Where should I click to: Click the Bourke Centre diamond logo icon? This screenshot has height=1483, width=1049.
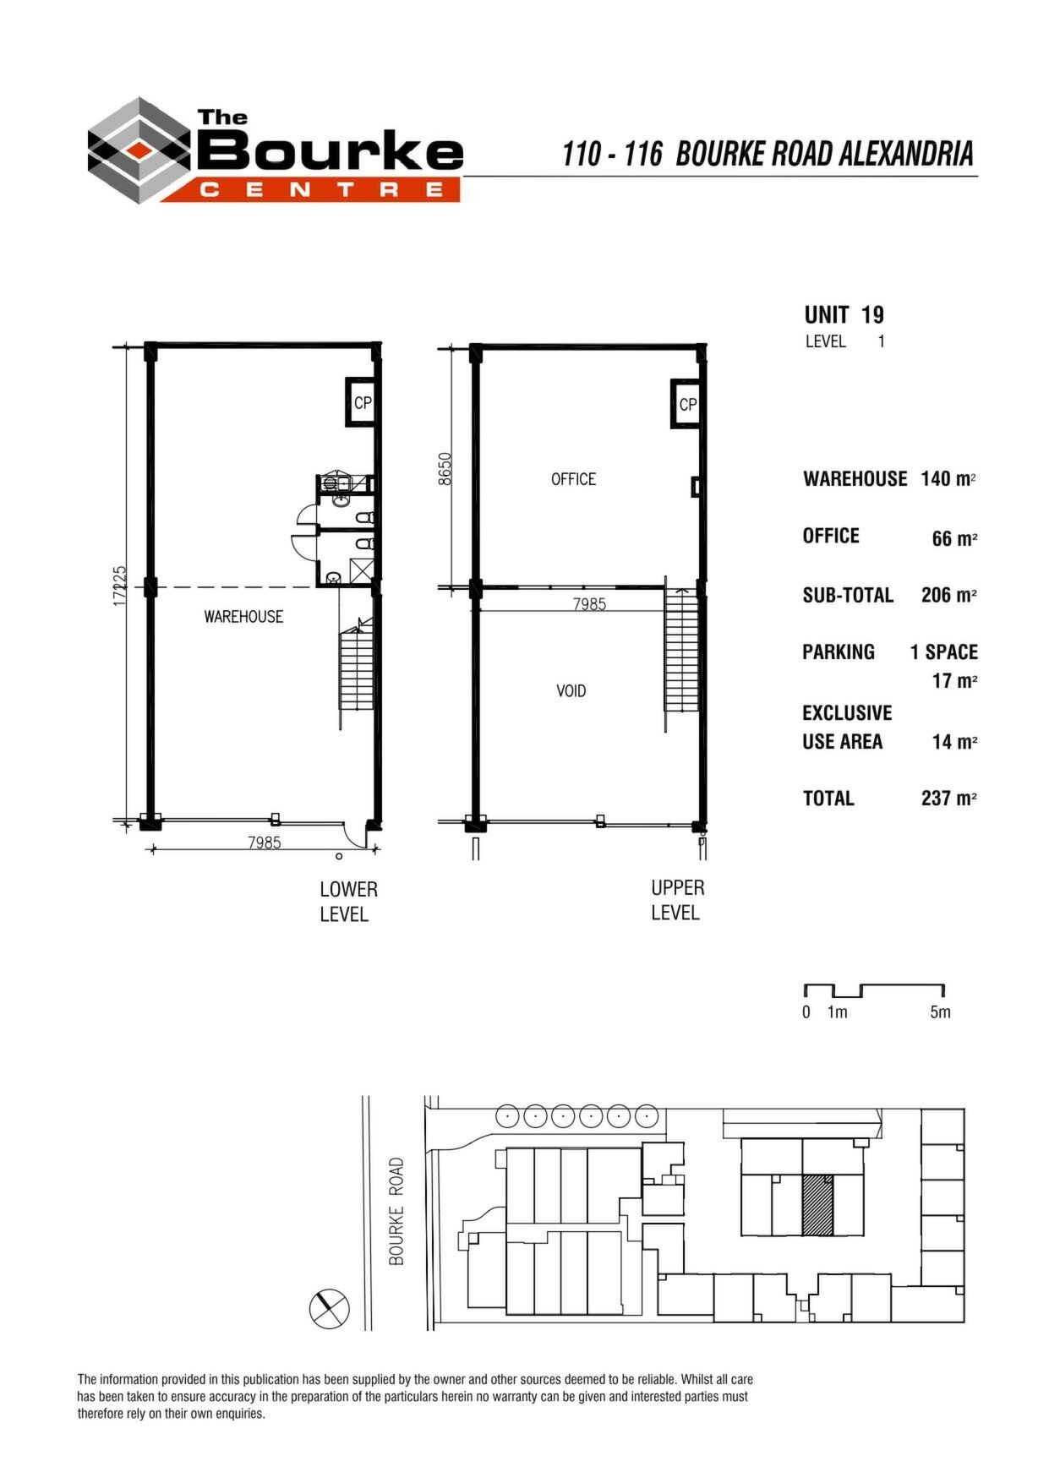coord(139,150)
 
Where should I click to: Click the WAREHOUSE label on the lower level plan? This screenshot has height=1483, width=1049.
coord(243,617)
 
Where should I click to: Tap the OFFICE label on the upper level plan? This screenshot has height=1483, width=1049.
coord(573,479)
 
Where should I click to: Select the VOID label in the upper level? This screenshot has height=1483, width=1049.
coord(571,691)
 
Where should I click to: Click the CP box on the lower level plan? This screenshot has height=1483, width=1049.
coord(361,402)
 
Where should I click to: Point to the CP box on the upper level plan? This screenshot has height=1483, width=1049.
coord(686,404)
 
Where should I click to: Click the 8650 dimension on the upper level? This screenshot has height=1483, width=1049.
coord(445,469)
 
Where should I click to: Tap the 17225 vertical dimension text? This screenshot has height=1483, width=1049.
coord(120,586)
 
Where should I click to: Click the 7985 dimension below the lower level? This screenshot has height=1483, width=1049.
coord(265,842)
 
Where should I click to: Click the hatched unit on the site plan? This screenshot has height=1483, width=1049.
coord(817,1205)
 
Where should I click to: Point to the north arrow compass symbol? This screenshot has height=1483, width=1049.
coord(329,1309)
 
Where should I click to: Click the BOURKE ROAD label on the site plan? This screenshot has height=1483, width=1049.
coord(396,1212)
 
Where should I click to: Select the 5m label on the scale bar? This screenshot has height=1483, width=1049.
coord(940,1012)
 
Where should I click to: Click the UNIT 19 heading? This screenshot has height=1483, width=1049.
coord(844,315)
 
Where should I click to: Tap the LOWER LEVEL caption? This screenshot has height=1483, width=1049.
coord(347,902)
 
